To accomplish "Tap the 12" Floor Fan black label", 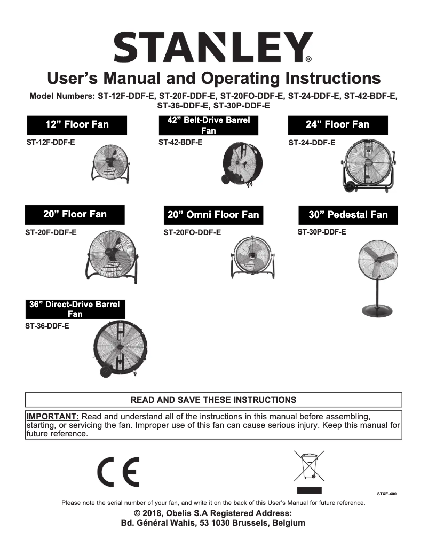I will pyautogui.click(x=77, y=125).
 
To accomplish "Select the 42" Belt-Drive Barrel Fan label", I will pyautogui.click(x=209, y=126).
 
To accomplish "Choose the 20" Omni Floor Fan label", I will pyautogui.click(x=213, y=215).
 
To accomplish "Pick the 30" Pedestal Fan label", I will pyautogui.click(x=348, y=215).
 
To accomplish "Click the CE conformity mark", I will pyautogui.click(x=118, y=472).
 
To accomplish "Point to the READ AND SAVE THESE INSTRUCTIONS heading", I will pyautogui.click(x=213, y=400).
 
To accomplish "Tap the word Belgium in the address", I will pyautogui.click(x=288, y=523).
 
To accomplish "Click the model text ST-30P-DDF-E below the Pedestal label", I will pyautogui.click(x=321, y=232).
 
